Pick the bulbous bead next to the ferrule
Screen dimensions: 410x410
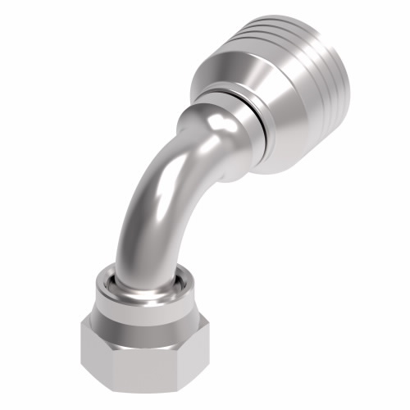(217, 135)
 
